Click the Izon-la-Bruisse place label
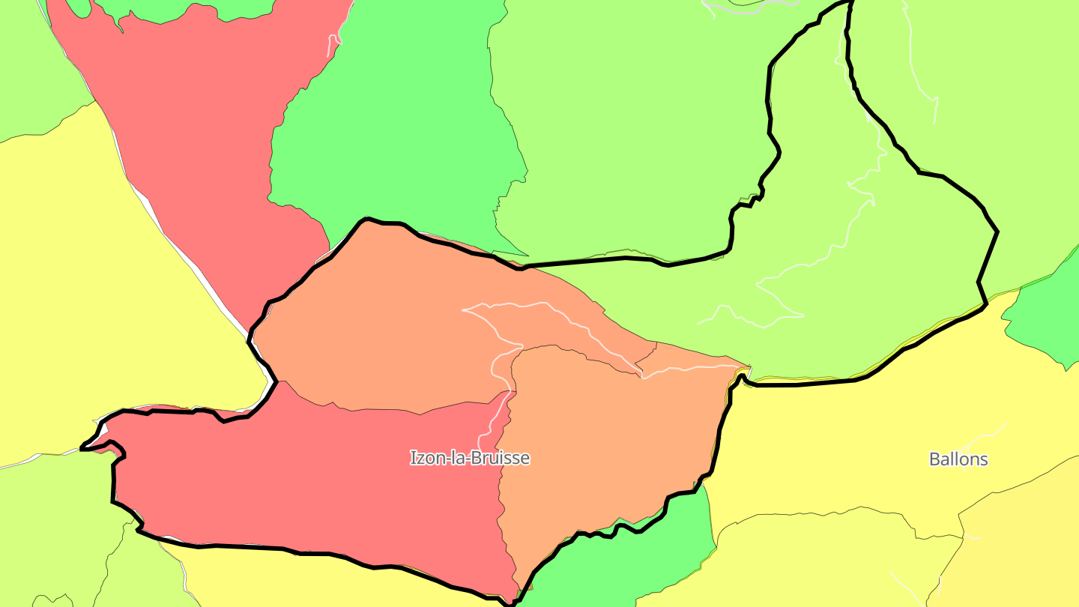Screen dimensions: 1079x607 [x=470, y=458]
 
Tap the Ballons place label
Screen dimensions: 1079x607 [x=958, y=459]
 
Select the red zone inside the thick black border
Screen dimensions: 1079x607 [x=315, y=480]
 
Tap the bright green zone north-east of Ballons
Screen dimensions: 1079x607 [x=1049, y=315]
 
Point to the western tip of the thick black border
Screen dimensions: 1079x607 [x=82, y=449]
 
